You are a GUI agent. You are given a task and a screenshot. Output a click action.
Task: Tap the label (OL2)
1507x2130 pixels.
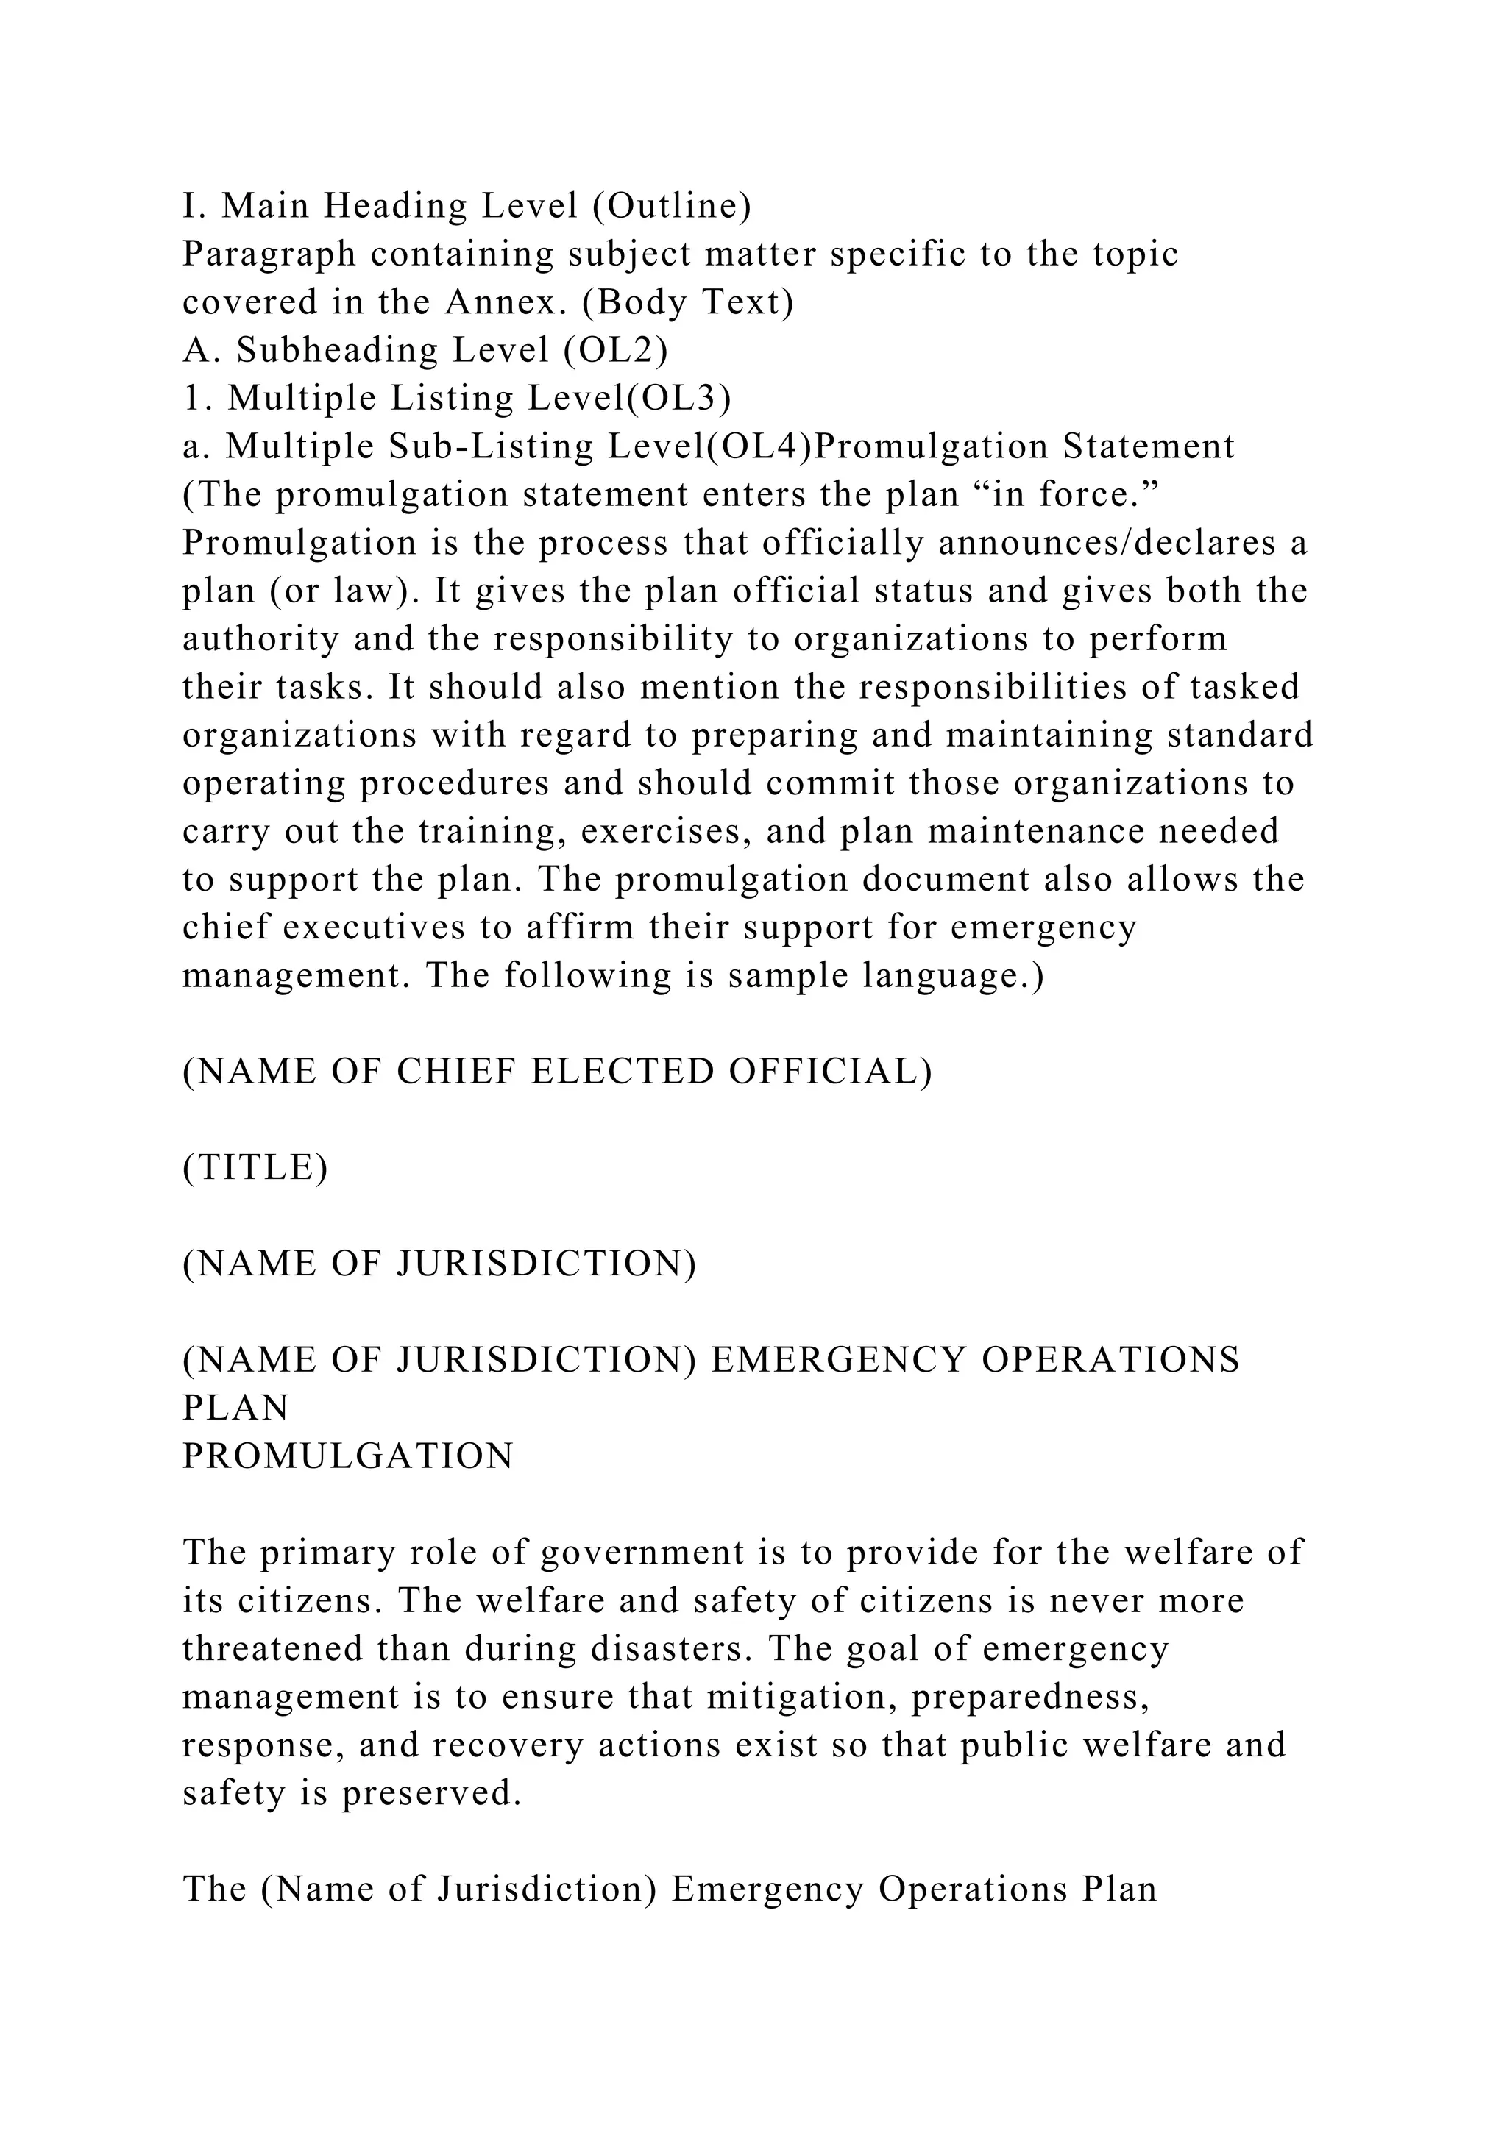click(x=615, y=351)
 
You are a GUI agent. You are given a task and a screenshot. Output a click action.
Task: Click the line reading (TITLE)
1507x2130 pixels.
click(x=255, y=1167)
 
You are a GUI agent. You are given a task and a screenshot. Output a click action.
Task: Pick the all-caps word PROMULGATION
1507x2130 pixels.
click(x=348, y=1456)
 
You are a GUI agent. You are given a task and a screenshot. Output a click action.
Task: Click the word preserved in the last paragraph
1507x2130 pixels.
click(x=430, y=1794)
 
